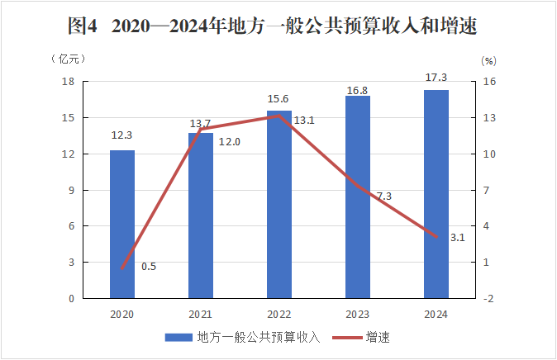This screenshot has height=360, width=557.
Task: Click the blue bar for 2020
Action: pos(121,224)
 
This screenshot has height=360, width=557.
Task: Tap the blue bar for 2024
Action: pos(436,194)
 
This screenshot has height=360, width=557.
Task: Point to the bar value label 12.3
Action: pos(121,135)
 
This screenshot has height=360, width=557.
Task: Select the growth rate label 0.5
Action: pos(149,266)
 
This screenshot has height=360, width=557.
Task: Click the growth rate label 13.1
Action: pos(304,121)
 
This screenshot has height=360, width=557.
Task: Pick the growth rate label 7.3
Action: pos(383,196)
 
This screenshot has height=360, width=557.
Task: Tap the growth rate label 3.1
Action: pos(458,238)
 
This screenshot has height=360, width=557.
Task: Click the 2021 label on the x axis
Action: pos(201,315)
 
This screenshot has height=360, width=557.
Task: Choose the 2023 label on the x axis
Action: pos(358,315)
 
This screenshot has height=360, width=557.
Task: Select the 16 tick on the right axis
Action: pos(488,82)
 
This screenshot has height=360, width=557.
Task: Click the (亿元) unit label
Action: pos(68,59)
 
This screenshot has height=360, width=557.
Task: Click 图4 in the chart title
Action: pos(83,26)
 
